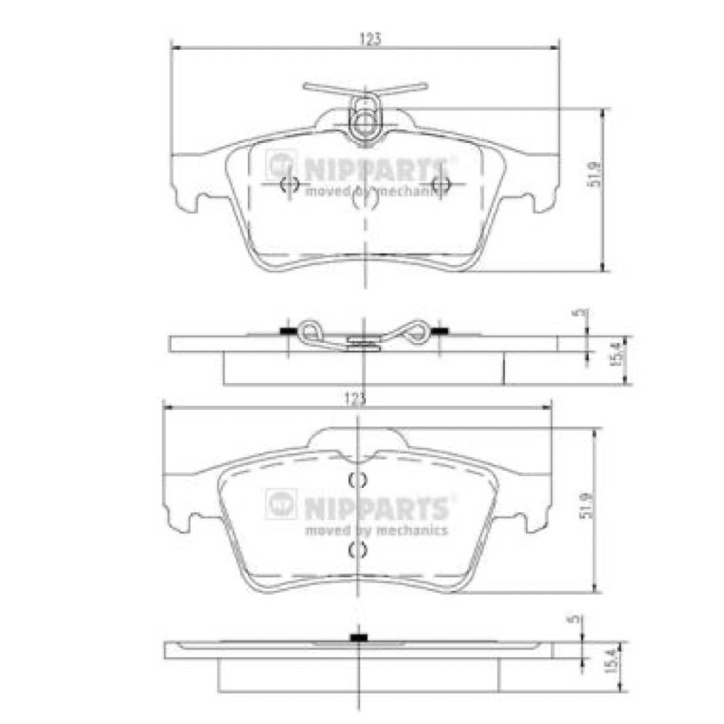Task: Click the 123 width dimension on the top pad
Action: click(x=370, y=39)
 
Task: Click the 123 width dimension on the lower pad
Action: click(x=356, y=399)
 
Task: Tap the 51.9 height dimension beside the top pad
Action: click(x=595, y=173)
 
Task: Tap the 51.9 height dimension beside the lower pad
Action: click(x=586, y=505)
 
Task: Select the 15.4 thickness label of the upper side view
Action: click(x=619, y=353)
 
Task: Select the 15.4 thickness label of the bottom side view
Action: click(x=610, y=661)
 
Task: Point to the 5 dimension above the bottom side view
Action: click(x=576, y=619)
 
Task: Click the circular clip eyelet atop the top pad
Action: click(x=366, y=122)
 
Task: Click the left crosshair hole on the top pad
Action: click(x=290, y=184)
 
